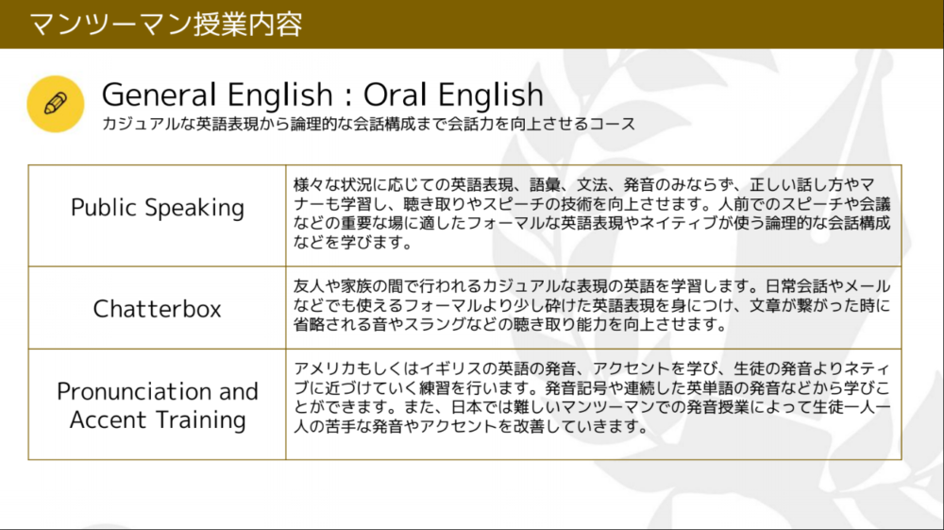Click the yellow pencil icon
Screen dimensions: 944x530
click(56, 104)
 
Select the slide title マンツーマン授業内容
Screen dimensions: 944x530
click(165, 25)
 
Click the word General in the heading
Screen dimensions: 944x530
click(159, 94)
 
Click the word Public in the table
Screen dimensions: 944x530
click(104, 207)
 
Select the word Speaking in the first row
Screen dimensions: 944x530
click(194, 209)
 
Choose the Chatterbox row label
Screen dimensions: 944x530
click(157, 308)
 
